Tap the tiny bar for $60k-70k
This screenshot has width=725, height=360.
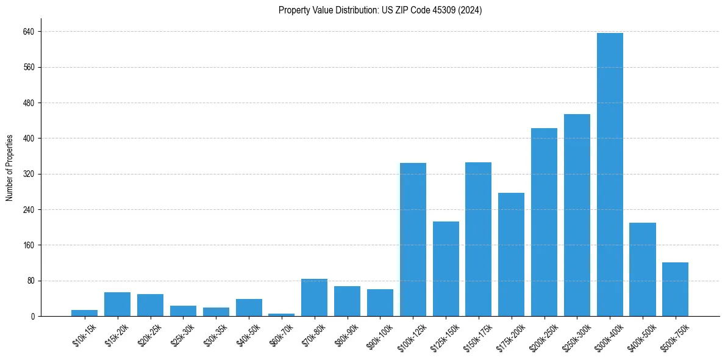point(282,315)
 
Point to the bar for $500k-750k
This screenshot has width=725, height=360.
point(675,289)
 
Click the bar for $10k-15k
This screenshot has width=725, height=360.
point(84,313)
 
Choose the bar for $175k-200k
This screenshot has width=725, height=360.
point(511,254)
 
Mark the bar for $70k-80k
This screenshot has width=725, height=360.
point(314,297)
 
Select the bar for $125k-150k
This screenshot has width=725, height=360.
point(446,268)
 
